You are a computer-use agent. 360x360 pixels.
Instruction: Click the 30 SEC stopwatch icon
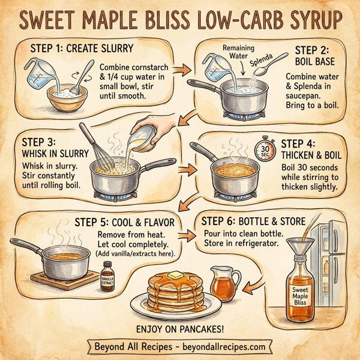pos(265,148)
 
